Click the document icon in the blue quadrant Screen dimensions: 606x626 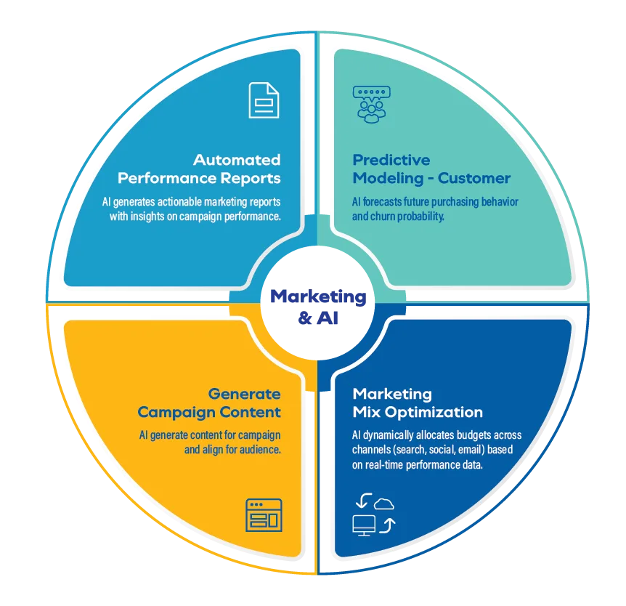(x=264, y=100)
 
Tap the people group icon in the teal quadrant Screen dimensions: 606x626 (x=370, y=104)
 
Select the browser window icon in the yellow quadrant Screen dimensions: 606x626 (x=264, y=514)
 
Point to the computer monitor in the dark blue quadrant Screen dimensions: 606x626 (x=364, y=525)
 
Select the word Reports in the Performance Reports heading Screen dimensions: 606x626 (x=251, y=178)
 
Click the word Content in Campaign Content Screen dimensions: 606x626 (x=251, y=412)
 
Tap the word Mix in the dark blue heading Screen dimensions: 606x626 (x=370, y=412)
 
